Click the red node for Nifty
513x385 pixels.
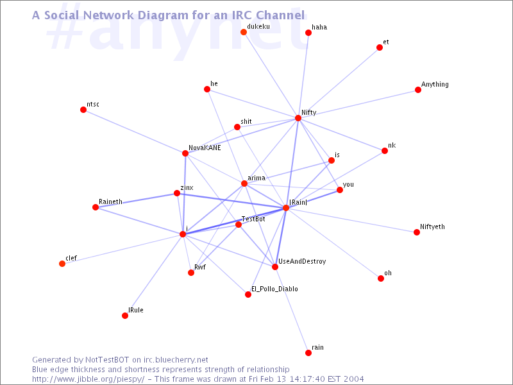(298, 118)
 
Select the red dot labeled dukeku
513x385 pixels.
(244, 31)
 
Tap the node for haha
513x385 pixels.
(308, 33)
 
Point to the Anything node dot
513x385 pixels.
(418, 90)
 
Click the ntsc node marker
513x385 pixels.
(83, 110)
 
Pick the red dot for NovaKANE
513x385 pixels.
(185, 153)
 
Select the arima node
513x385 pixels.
(244, 184)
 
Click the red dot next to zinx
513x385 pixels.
(177, 193)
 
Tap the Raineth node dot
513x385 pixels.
(96, 207)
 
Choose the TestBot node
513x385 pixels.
(239, 224)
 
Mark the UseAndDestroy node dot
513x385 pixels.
(275, 267)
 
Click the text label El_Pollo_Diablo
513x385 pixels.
(274, 289)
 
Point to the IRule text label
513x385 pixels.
(136, 310)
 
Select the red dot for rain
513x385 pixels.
(308, 352)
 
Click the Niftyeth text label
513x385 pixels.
(432, 227)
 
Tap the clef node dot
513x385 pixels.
(62, 264)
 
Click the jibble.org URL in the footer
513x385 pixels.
(88, 379)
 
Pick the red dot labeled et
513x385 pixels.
(380, 47)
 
